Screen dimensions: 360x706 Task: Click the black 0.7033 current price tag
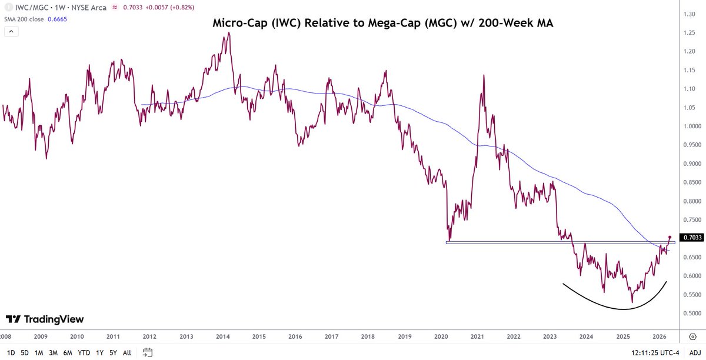[x=691, y=238]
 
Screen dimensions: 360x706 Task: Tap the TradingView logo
[x=45, y=319]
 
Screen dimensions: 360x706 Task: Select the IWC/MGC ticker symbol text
[x=31, y=8]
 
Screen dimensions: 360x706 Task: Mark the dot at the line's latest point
[x=670, y=236]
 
